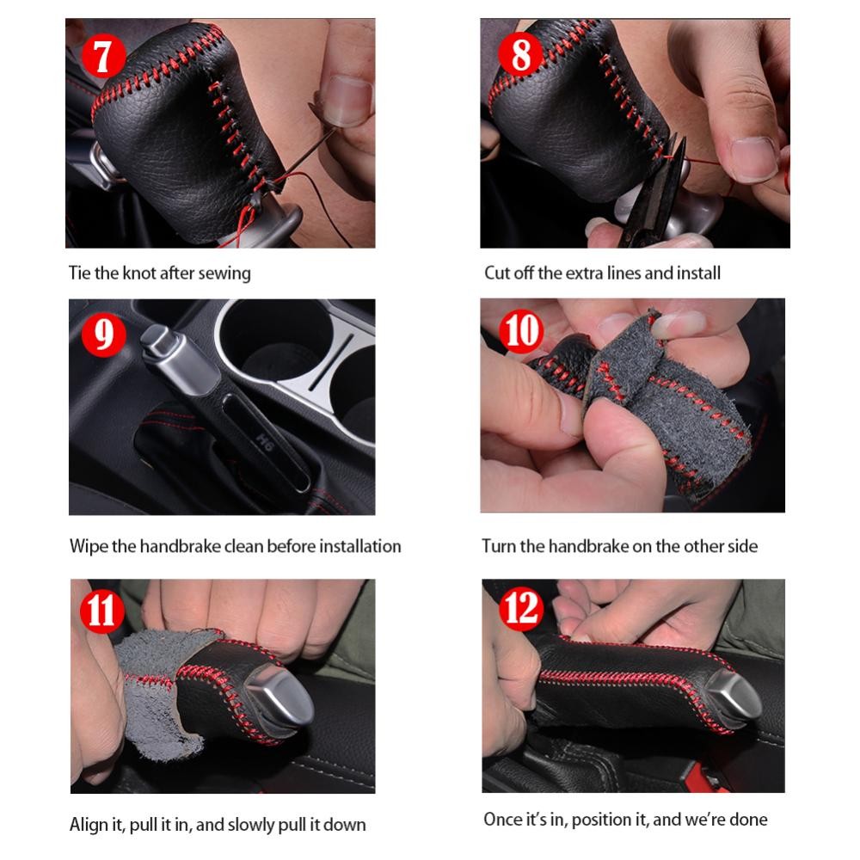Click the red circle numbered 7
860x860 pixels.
pos(104,55)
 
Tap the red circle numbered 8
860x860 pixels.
pos(520,54)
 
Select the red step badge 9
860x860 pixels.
pos(104,335)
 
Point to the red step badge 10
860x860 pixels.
pos(521,331)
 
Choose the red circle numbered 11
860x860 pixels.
pos(102,611)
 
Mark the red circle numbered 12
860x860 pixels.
pos(521,608)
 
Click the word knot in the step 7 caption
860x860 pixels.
pos(139,273)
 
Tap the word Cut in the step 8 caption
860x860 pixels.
pos(496,273)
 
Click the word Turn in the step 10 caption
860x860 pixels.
pos(499,546)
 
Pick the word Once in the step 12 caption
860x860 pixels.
pos(503,820)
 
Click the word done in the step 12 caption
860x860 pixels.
pos(749,820)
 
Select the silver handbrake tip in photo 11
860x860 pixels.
pos(278,698)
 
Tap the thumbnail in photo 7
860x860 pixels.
pos(347,99)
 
